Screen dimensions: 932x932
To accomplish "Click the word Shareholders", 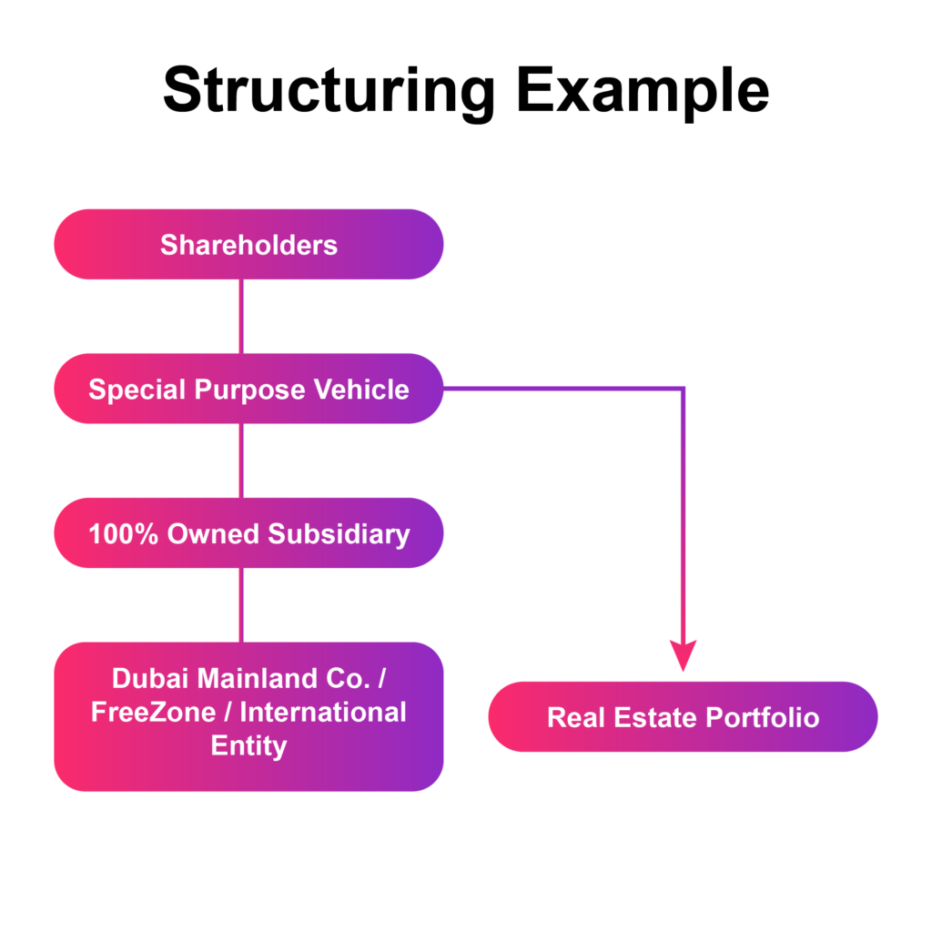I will click(x=248, y=245).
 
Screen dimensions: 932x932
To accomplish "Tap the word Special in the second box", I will click(x=137, y=390).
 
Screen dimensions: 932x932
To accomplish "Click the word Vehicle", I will click(x=361, y=390).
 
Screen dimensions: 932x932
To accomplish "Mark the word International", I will click(x=323, y=712).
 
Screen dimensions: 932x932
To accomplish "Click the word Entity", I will click(x=248, y=745).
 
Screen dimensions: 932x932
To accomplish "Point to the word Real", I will click(x=576, y=717).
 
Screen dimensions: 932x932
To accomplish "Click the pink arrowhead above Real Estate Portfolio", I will click(x=683, y=655).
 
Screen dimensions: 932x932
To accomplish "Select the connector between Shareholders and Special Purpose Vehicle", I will click(x=241, y=316).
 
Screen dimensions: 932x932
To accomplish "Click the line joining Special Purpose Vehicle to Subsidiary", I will click(x=241, y=461).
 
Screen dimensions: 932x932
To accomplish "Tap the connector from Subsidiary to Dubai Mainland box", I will click(x=241, y=605).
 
